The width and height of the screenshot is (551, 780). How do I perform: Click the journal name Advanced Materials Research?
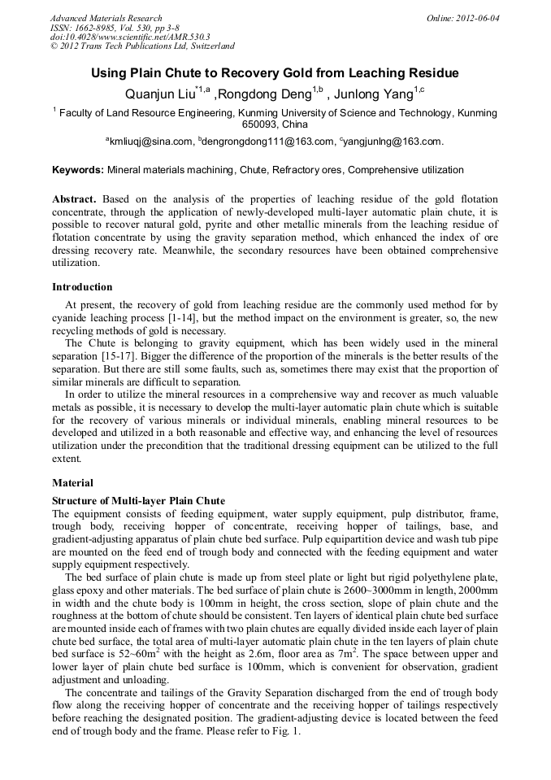click(x=106, y=18)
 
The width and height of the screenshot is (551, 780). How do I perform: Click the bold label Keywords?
click(x=77, y=170)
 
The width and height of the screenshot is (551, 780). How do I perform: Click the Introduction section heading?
click(x=82, y=286)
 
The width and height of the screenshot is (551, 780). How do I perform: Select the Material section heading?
click(x=72, y=483)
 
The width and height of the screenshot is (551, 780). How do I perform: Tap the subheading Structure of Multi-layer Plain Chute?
click(x=138, y=500)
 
